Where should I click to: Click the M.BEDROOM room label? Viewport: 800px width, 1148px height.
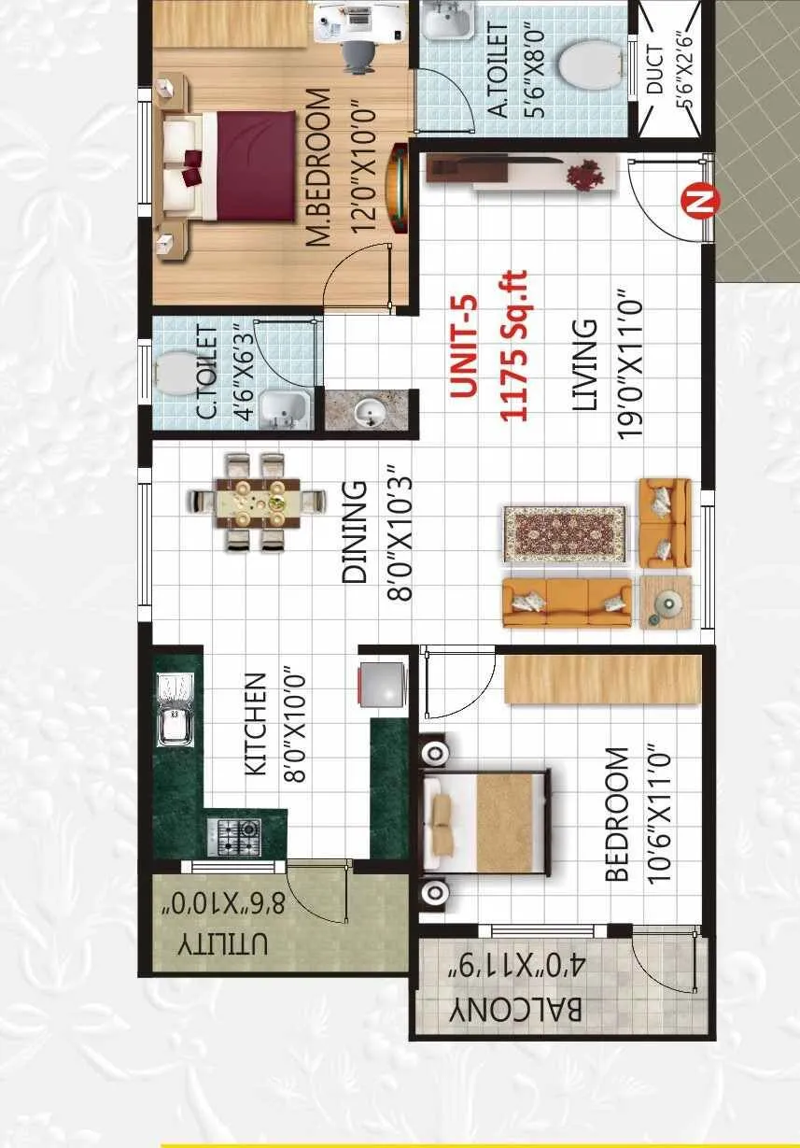[x=318, y=168]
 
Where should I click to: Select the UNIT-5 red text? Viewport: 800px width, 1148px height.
[x=464, y=347]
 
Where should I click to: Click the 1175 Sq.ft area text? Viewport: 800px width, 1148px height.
[x=514, y=347]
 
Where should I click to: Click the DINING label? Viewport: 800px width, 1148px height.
[x=355, y=532]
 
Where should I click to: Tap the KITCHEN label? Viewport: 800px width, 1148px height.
[x=256, y=724]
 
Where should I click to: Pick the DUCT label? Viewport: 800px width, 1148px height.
[x=656, y=70]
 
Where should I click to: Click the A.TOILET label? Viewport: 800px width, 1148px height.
[x=499, y=71]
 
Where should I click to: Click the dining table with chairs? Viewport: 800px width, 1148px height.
[x=258, y=502]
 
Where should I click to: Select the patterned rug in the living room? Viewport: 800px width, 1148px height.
[x=565, y=534]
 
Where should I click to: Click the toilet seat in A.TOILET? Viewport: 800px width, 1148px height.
[x=592, y=64]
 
